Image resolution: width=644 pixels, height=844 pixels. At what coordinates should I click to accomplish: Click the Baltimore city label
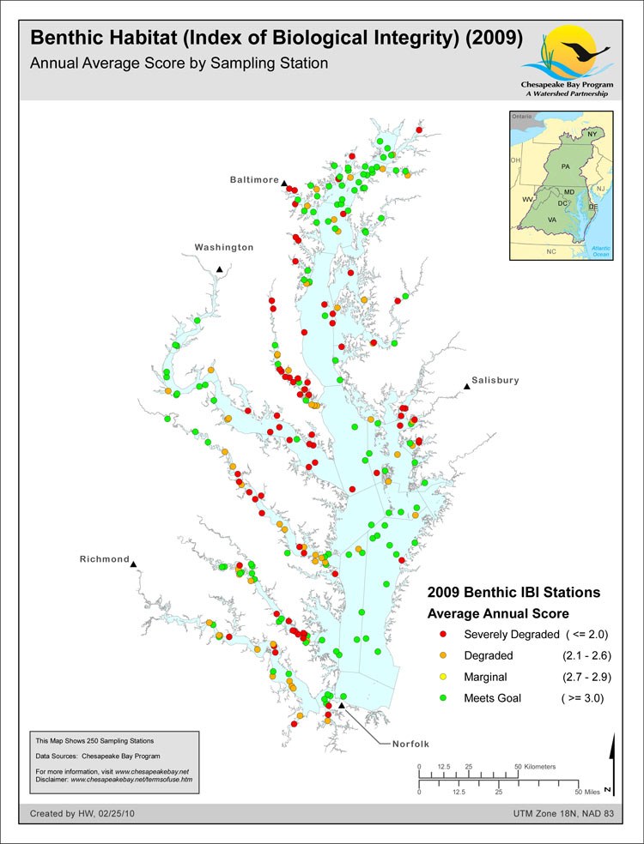pyautogui.click(x=254, y=180)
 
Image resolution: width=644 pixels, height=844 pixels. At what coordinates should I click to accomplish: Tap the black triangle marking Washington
pyautogui.click(x=220, y=270)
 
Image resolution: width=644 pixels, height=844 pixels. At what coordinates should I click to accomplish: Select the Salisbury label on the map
pyautogui.click(x=495, y=380)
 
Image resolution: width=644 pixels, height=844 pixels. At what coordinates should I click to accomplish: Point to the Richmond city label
pyautogui.click(x=104, y=559)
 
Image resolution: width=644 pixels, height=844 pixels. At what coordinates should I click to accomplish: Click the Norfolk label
pyautogui.click(x=404, y=744)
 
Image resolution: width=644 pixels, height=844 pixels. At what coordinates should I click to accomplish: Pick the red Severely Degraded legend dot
pyautogui.click(x=443, y=634)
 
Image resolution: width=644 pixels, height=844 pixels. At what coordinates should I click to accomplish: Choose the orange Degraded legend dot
pyautogui.click(x=443, y=655)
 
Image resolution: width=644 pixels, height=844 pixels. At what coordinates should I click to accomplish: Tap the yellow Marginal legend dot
pyautogui.click(x=443, y=677)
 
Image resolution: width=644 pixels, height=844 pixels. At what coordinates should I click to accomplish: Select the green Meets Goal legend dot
pyautogui.click(x=443, y=698)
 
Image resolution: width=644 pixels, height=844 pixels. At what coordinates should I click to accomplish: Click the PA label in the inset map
pyautogui.click(x=565, y=165)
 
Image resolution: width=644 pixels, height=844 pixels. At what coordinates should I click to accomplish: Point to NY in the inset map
pyautogui.click(x=592, y=135)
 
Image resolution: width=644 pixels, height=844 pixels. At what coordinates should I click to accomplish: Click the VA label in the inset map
pyautogui.click(x=554, y=220)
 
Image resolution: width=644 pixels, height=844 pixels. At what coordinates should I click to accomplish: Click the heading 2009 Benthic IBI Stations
pyautogui.click(x=513, y=593)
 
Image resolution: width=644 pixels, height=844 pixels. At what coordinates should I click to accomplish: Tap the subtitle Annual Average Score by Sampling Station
pyautogui.click(x=179, y=64)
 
